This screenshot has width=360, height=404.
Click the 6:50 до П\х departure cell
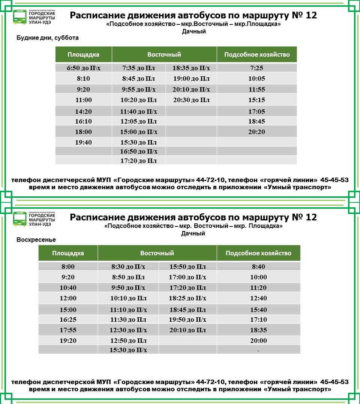pos(83,68)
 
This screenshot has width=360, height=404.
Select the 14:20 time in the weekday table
pos(83,112)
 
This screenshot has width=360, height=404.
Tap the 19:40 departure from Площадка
pos(83,143)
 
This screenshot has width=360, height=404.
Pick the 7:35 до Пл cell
pos(139,68)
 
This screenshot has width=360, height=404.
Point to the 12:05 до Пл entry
pos(139,122)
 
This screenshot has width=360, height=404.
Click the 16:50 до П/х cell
pos(139,152)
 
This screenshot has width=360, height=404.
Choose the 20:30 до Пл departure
pos(191,100)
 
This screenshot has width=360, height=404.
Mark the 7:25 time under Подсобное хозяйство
pos(257,68)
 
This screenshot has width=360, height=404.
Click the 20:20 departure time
pos(257,132)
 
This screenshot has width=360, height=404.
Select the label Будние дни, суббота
pos(48,38)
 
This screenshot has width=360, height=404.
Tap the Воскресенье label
pos(36,240)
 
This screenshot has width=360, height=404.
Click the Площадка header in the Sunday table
pos(68,253)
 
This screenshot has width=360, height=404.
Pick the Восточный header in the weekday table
pos(164,55)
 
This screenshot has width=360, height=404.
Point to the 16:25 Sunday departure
pos(68,320)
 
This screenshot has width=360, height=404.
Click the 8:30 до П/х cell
pos(128,267)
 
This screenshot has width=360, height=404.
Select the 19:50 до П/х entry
pos(188,320)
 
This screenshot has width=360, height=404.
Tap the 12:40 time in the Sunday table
pos(259,298)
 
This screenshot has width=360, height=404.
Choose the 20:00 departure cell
pos(259,341)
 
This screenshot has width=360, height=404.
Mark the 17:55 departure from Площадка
pos(68,330)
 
